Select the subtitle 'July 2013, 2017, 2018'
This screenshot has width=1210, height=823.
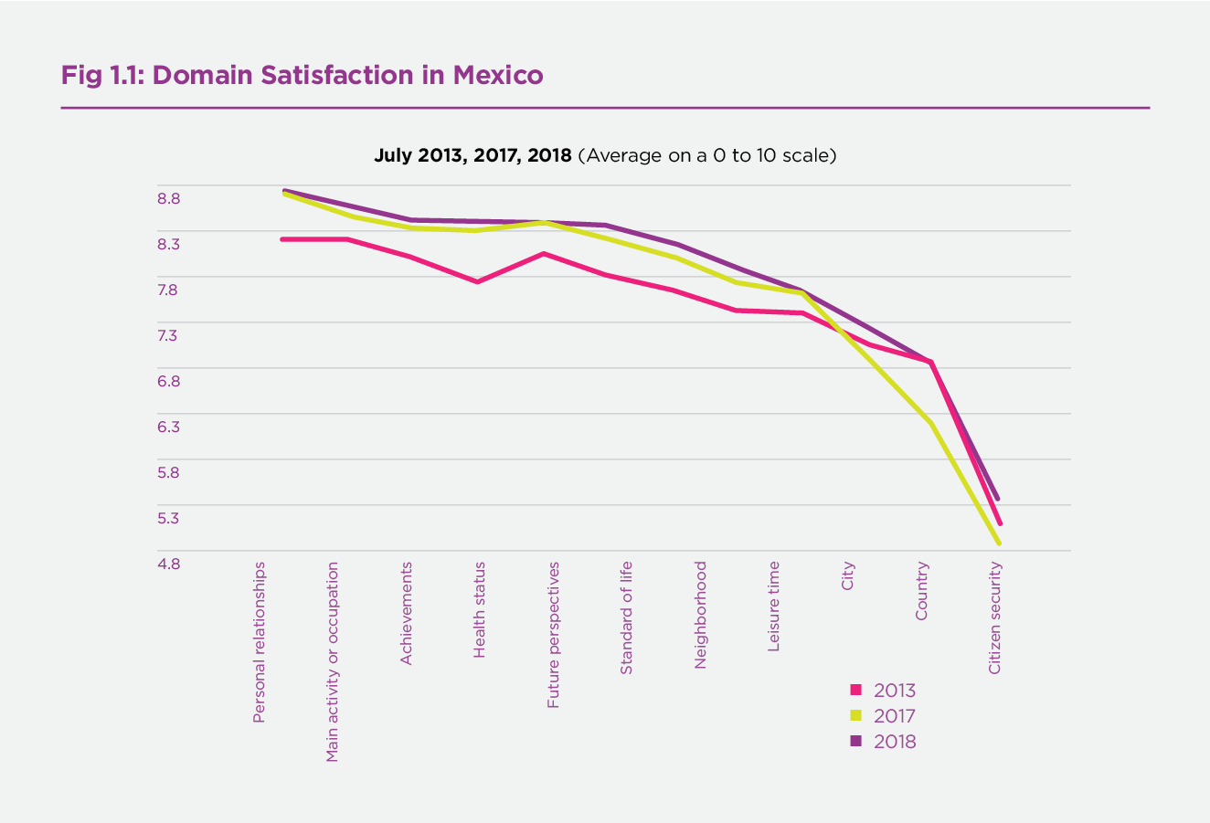(x=472, y=155)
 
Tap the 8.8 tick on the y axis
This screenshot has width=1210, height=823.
(x=168, y=198)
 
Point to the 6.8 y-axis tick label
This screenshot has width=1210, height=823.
(x=168, y=381)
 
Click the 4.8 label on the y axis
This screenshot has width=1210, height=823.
(x=168, y=564)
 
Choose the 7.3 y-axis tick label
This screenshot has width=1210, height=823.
(x=168, y=335)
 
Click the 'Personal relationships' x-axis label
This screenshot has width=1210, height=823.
(x=260, y=642)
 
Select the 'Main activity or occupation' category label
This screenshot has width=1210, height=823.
(x=333, y=661)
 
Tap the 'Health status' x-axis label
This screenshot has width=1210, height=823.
(x=479, y=610)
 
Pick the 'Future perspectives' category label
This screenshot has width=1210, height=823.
(x=553, y=635)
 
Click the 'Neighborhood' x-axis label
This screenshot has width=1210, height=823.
(x=700, y=615)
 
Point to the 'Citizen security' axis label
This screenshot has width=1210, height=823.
(x=995, y=617)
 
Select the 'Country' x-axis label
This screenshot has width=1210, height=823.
(x=921, y=591)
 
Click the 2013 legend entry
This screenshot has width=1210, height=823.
(x=883, y=691)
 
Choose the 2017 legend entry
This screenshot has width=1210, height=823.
(x=883, y=716)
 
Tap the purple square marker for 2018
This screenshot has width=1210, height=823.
(x=856, y=742)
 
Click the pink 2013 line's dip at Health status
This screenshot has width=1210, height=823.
(x=478, y=281)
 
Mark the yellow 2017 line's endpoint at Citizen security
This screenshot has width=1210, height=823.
(x=1000, y=543)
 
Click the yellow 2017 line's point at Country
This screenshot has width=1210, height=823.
(x=930, y=422)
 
